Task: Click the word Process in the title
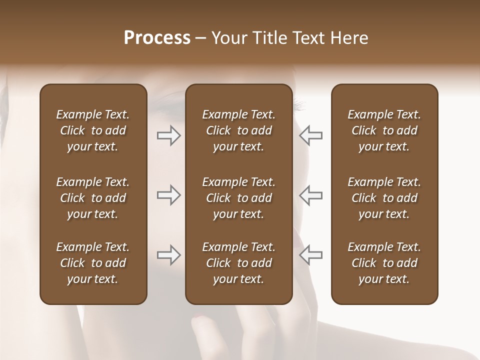(157, 38)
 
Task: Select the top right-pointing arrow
(168, 135)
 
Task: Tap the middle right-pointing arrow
(168, 195)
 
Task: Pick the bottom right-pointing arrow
(168, 255)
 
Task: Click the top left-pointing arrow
(311, 135)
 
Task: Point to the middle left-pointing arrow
(311, 195)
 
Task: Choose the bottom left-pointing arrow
(311, 255)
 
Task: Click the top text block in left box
(93, 130)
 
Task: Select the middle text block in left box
(93, 198)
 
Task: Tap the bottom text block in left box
(93, 263)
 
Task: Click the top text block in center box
(239, 130)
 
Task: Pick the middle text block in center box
(239, 198)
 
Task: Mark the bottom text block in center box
(239, 263)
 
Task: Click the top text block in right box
(384, 130)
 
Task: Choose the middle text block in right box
(384, 198)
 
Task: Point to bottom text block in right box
(384, 263)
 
